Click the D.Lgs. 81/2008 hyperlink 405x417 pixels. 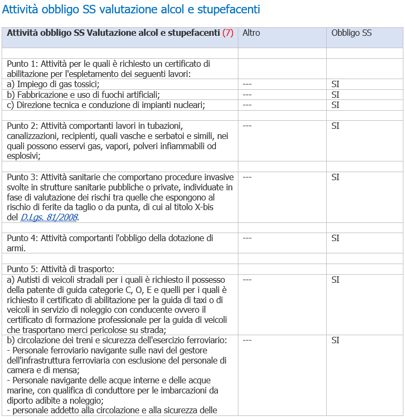50,217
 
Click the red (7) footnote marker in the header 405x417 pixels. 228,33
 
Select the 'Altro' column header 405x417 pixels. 251,33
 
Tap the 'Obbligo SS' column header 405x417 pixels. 351,33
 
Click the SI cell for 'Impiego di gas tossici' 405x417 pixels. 335,84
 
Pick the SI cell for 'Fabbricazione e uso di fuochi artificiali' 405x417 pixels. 335,95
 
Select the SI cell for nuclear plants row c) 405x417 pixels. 335,105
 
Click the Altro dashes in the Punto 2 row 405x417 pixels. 247,126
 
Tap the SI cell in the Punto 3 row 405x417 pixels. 335,177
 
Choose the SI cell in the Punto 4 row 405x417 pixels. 335,238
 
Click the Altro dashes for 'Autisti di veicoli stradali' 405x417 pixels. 247,280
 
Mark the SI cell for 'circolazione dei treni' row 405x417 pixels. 335,340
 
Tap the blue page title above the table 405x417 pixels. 131,10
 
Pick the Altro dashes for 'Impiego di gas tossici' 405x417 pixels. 247,84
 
